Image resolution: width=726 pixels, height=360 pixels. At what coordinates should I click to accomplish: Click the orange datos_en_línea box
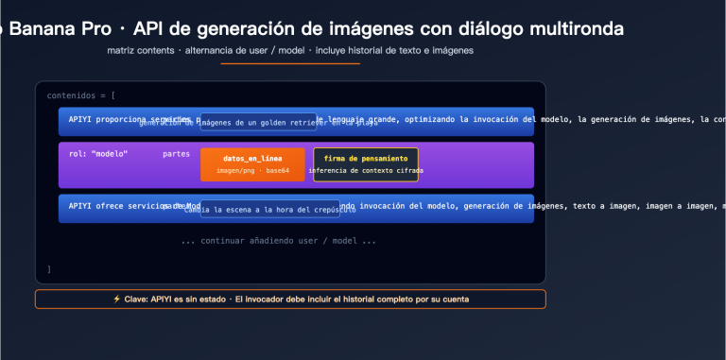252,163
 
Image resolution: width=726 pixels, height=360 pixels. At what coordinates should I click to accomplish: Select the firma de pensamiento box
366,163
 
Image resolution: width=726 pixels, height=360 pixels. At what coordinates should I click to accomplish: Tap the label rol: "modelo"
97,153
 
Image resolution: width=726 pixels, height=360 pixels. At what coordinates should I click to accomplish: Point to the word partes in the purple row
176,153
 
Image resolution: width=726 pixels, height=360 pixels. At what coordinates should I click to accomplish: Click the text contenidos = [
81,95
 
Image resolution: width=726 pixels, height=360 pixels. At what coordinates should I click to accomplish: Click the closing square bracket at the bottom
49,269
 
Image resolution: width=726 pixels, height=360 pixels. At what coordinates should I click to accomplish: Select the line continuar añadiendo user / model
278,241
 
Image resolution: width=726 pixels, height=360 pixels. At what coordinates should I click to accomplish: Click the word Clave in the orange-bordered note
135,299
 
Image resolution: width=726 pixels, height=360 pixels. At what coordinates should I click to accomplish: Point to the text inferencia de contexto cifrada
366,171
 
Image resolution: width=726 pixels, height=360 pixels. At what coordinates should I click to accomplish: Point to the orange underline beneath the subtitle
290,63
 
